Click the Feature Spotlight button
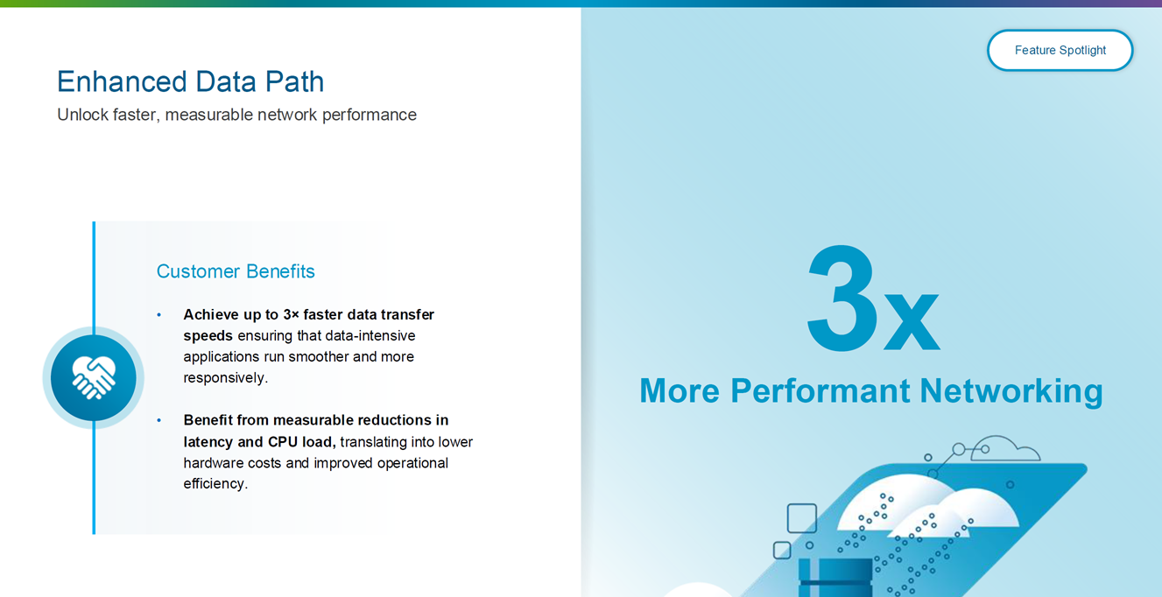click(1060, 50)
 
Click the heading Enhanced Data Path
click(190, 81)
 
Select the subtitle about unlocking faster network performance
click(236, 115)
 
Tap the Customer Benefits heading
click(236, 271)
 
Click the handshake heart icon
click(94, 377)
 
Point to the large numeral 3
click(842, 298)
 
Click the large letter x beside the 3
click(912, 321)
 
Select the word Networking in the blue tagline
click(1011, 391)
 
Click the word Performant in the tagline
click(820, 390)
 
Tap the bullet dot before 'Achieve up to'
click(159, 315)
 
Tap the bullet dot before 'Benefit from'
click(159, 420)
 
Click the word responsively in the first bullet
click(224, 378)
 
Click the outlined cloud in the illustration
click(1004, 448)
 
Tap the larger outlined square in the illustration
click(802, 517)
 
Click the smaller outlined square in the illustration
click(782, 550)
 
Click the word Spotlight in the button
click(1082, 50)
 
